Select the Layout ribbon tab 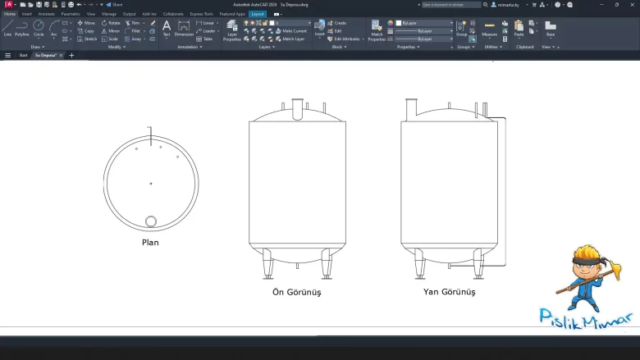pos(258,14)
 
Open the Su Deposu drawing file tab pos(48,55)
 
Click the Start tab pos(23,55)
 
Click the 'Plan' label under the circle pos(150,242)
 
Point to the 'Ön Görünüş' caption pos(296,292)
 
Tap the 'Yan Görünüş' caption pos(448,291)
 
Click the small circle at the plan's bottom pos(151,221)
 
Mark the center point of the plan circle pos(150,183)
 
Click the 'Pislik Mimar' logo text pos(585,317)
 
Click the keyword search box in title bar pos(451,4)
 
